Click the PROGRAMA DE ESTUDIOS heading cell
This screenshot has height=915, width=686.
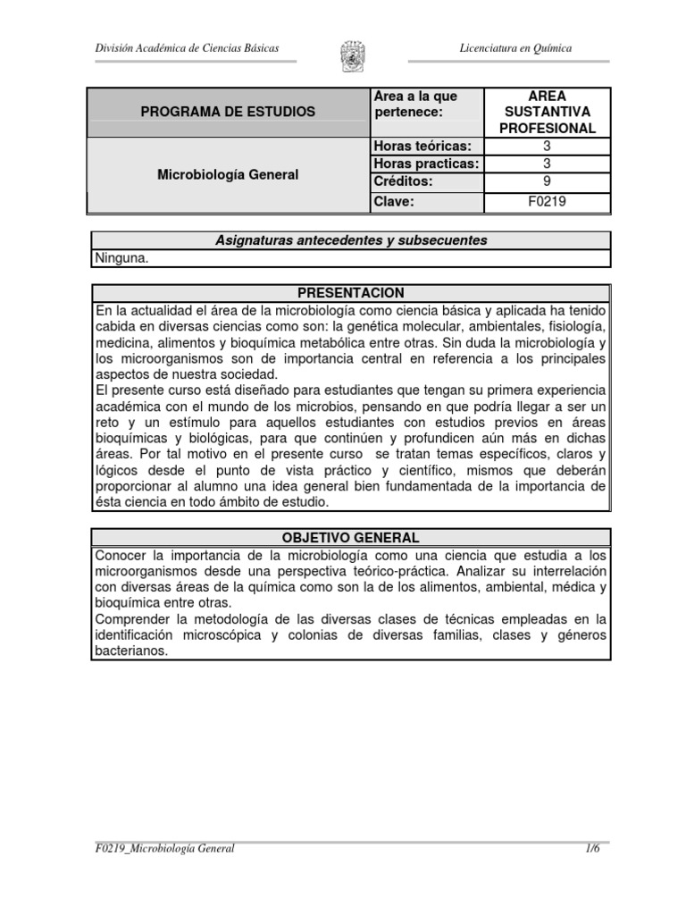228,112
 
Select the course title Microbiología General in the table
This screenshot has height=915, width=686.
228,175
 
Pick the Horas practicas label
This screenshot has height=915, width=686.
425,163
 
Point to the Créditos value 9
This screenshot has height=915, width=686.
547,180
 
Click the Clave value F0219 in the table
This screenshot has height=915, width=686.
547,202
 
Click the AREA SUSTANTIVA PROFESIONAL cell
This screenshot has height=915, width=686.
547,112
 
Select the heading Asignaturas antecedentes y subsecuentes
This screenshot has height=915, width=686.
352,240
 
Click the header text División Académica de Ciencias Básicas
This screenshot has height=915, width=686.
187,47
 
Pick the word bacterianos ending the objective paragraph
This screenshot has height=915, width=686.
130,651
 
